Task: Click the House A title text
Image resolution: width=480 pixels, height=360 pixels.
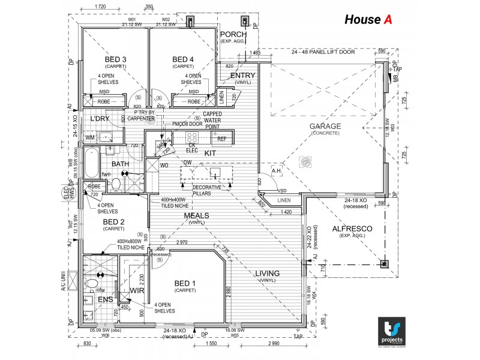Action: [368, 20]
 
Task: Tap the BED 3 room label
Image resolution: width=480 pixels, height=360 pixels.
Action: [115, 59]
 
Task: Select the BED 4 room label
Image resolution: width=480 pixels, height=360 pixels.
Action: [183, 59]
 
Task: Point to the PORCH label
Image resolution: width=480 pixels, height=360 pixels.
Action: [233, 34]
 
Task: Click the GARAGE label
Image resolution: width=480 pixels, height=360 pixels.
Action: [325, 126]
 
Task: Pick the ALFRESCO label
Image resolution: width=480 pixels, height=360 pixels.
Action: [353, 229]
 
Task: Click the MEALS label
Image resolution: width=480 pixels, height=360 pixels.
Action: [196, 215]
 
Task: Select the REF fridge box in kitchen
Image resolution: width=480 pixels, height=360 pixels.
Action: [222, 139]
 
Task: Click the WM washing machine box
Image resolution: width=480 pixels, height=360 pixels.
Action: [90, 138]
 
